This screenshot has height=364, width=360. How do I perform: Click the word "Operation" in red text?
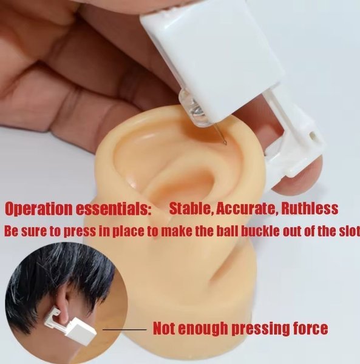coord(39,209)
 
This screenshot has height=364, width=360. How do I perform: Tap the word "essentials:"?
coord(114,209)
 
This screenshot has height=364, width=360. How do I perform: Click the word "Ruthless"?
coord(310,208)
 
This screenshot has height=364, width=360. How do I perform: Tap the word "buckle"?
coord(258,231)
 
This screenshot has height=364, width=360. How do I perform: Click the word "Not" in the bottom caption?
coord(165,328)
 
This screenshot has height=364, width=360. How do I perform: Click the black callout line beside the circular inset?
coord(124,329)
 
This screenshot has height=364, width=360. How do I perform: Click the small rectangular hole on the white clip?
coord(313,135)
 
